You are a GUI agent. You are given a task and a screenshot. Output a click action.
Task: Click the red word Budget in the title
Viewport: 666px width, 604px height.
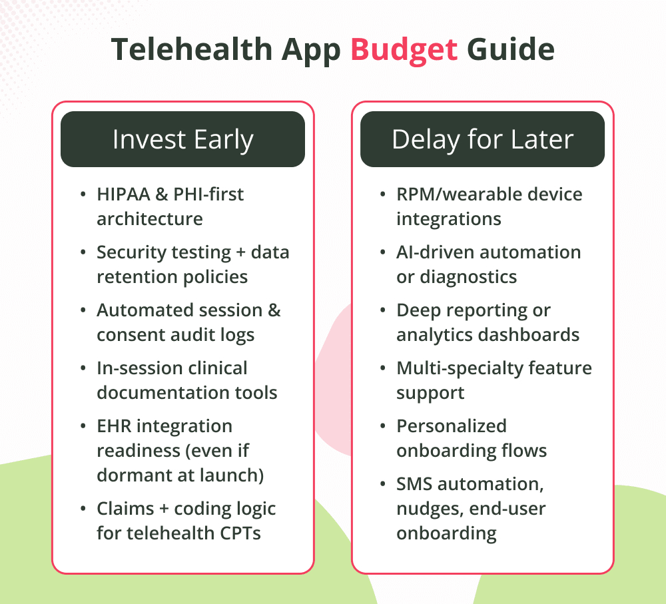click(404, 51)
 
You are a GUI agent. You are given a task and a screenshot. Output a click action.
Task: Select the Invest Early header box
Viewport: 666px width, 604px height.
click(182, 139)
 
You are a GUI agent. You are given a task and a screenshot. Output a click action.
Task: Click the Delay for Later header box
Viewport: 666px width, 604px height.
click(482, 139)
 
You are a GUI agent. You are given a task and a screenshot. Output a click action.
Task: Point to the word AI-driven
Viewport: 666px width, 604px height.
click(433, 252)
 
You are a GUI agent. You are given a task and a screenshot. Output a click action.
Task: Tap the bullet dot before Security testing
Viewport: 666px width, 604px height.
click(83, 253)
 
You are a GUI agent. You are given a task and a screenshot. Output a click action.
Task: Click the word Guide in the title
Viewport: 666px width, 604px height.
click(511, 51)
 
